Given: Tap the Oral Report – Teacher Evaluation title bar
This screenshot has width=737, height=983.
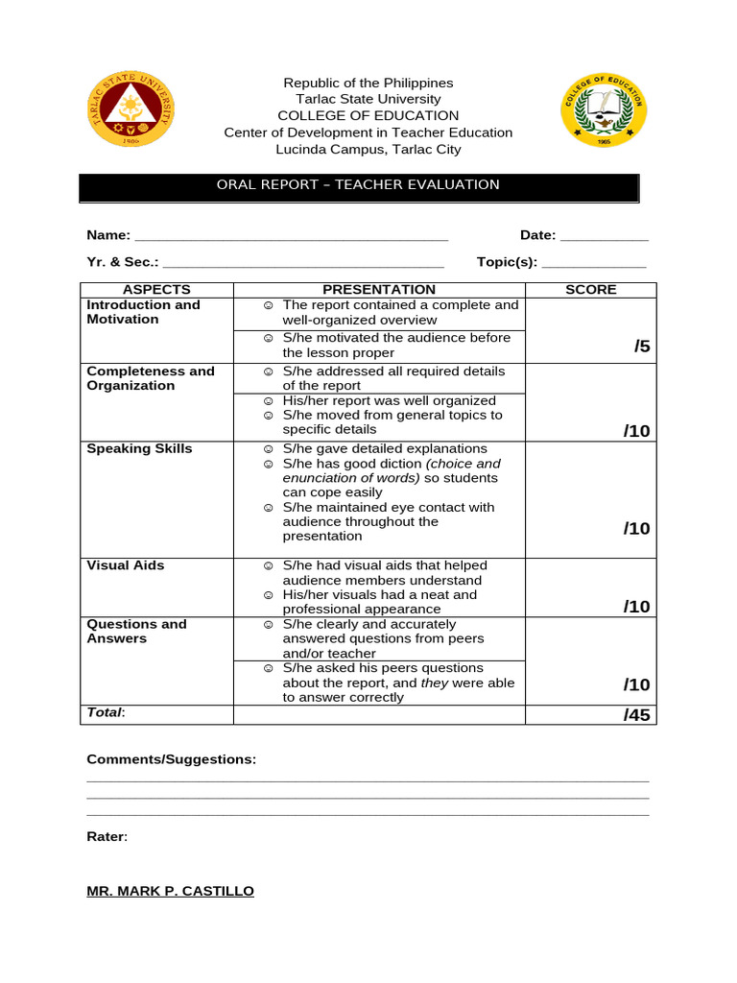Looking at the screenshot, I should click(358, 185).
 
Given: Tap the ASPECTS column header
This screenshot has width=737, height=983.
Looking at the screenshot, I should click(156, 290).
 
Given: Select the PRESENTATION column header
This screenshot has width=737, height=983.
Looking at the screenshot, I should click(379, 290).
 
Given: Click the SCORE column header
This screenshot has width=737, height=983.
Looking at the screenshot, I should click(591, 290).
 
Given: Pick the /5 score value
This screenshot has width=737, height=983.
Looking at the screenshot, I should click(641, 348).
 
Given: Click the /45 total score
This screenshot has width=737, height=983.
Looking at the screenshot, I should click(636, 715).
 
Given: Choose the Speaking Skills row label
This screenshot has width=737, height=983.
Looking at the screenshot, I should click(139, 449).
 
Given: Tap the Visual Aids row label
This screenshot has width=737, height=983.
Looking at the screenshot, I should click(126, 565).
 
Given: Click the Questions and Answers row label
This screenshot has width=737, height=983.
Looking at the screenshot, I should click(136, 632).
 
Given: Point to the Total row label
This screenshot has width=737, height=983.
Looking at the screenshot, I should click(106, 713).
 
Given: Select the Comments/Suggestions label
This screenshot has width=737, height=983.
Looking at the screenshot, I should click(172, 759).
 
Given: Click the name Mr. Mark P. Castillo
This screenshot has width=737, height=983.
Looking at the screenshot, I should click(171, 892).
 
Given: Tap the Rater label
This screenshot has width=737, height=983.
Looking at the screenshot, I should click(107, 837).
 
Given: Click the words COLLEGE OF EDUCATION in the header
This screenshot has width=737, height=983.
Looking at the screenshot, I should click(368, 115).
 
